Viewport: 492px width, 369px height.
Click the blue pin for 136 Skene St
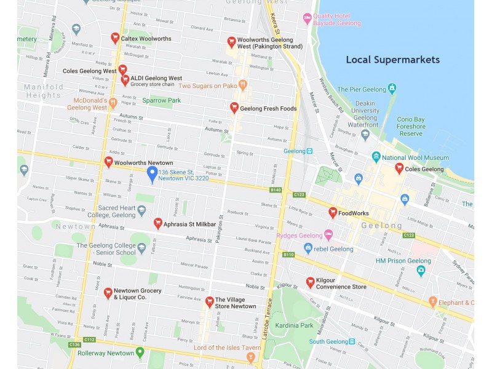pos(152,174)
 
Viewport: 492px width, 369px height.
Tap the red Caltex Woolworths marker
pos(115,38)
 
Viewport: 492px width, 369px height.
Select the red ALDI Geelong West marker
pos(125,79)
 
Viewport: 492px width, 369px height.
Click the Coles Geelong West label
pos(89,71)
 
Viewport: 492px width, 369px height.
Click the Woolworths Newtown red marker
pos(108,162)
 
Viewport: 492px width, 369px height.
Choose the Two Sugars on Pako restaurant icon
pos(243,85)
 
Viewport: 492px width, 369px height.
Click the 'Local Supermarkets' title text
pos(392,60)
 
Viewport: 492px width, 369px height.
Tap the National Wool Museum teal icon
pos(376,157)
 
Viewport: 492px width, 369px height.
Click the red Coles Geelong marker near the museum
pos(399,168)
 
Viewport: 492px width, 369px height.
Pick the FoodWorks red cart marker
pos(333,213)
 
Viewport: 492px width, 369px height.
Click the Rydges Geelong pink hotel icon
pos(328,235)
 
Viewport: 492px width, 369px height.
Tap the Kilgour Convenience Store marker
pos(310,282)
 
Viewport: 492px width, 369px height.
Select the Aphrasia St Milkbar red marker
pos(157,223)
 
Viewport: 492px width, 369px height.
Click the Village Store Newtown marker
pos(210,302)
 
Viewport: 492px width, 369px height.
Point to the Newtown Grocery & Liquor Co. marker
pos(108,293)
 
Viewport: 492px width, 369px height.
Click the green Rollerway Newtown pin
pos(140,352)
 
